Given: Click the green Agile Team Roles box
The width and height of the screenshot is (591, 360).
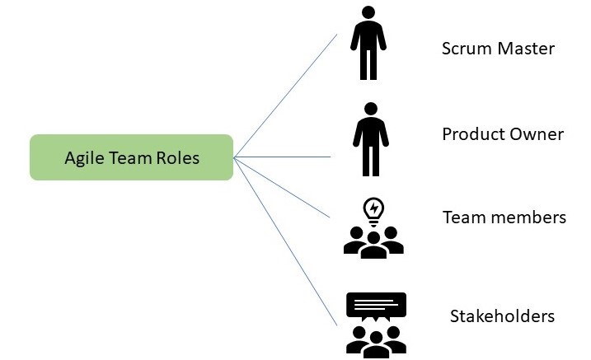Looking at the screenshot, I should point(132,157).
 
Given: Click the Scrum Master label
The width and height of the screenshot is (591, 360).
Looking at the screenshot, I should point(498,49).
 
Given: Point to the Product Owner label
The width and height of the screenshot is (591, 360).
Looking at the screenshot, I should point(503,133).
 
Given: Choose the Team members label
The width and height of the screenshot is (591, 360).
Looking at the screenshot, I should point(504,217).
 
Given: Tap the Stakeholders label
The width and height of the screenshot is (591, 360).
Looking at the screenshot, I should point(502,316).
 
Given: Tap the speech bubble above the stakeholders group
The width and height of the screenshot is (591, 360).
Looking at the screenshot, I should point(376,306).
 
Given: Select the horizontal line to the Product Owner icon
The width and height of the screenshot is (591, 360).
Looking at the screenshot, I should point(284,157).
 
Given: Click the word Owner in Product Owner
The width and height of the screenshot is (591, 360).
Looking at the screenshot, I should point(540,133).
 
